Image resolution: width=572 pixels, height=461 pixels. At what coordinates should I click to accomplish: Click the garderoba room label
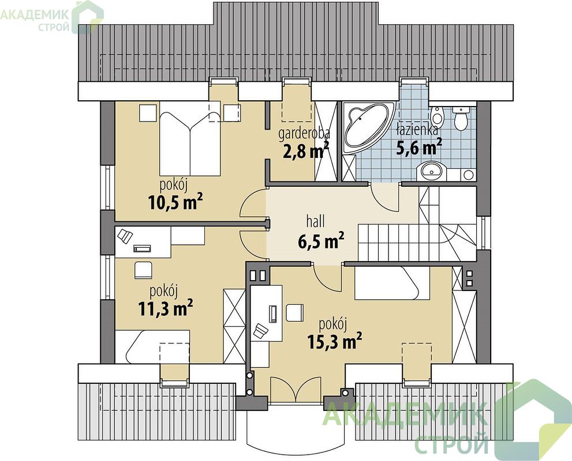(x=304, y=134)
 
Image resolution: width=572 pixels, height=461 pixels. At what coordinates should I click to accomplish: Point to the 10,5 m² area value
(x=175, y=202)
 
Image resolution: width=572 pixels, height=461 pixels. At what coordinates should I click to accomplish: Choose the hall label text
(x=316, y=222)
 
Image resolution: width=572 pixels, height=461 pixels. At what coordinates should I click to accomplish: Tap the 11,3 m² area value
(x=165, y=308)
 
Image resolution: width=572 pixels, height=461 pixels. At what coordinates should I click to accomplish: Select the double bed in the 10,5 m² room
(x=190, y=138)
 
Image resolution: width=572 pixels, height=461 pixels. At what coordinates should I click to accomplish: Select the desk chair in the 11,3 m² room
(x=144, y=270)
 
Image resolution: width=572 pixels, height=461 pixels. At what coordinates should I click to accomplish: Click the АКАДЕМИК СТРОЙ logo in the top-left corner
(x=51, y=16)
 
